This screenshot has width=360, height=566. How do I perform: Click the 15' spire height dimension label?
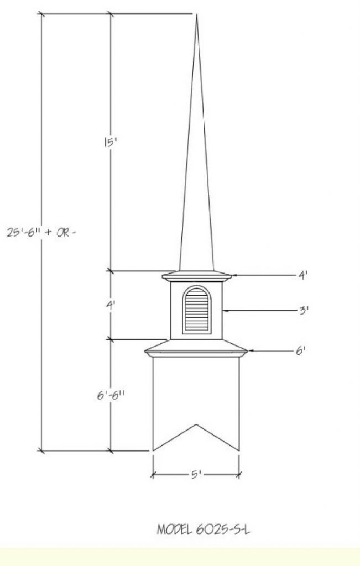pos(109,142)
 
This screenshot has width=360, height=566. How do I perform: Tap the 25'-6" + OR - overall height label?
pos(42,232)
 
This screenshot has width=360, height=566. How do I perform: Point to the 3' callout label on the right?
pos(304,310)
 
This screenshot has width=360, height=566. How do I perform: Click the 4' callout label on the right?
pos(302,275)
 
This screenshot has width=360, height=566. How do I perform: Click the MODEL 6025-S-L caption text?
pos(204,530)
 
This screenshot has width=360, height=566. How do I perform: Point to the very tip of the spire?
pos(196,14)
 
